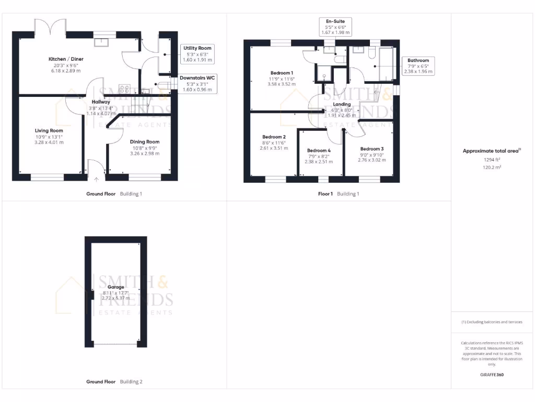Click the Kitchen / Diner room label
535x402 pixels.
(x=66, y=59)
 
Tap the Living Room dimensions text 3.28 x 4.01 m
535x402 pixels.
(x=49, y=142)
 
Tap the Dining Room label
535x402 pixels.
(x=145, y=141)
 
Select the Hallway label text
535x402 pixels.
(x=101, y=102)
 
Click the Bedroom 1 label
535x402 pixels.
(x=282, y=73)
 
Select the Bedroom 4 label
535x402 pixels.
(x=319, y=150)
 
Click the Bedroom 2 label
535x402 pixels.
(x=274, y=137)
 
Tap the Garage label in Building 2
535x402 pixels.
(x=115, y=287)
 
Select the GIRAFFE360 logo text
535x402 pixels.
(x=492, y=375)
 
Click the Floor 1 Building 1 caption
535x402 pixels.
(x=339, y=194)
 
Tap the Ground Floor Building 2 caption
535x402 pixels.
(x=114, y=382)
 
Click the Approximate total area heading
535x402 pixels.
(x=491, y=151)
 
